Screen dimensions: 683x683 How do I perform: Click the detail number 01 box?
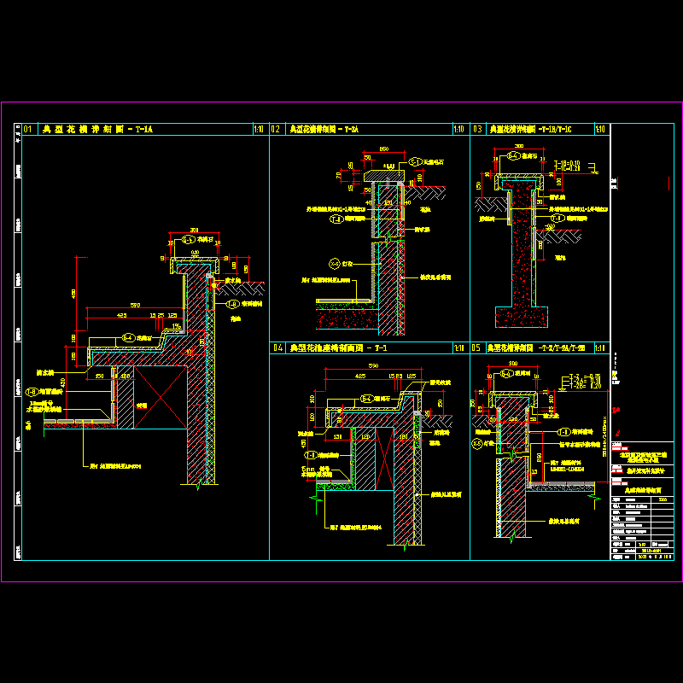pyautogui.click(x=27, y=130)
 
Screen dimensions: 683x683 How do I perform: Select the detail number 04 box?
pyautogui.click(x=277, y=348)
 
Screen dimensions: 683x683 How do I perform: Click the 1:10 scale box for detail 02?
pyautogui.click(x=458, y=130)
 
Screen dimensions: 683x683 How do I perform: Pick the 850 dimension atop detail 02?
pyautogui.click(x=384, y=149)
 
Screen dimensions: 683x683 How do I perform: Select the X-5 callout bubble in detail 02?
pyautogui.click(x=335, y=264)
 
